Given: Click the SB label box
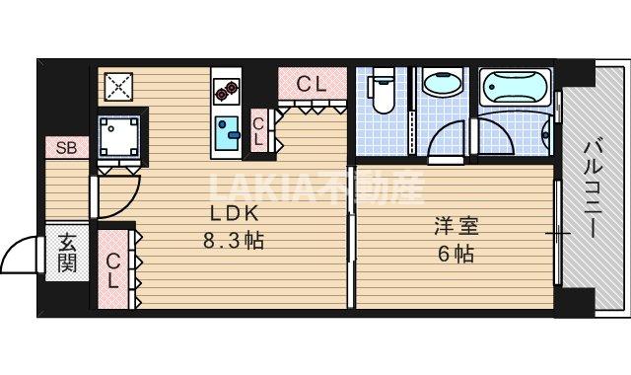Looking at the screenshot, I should point(67,149).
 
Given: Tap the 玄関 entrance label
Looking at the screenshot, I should point(67,252).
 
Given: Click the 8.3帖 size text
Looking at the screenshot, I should point(234,240).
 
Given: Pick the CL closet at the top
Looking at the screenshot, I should point(312,85).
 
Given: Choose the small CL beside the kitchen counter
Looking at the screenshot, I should point(258,130).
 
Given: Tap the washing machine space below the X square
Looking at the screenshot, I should point(118,136).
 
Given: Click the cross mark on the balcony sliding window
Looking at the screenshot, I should point(558,234).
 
